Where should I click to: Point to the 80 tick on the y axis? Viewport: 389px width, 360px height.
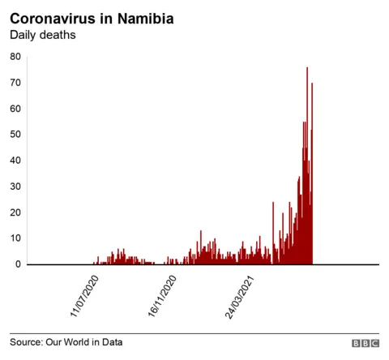(x=15, y=57)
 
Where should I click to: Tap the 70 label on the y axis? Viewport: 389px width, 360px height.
(x=15, y=83)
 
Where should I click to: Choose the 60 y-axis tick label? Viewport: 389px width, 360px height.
(x=15, y=109)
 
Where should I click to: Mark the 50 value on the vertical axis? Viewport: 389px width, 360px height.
(x=15, y=135)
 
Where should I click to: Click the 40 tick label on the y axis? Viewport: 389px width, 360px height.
(x=15, y=161)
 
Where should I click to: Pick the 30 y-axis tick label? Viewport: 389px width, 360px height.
(x=15, y=186)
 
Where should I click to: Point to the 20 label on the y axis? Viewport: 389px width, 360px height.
(x=15, y=212)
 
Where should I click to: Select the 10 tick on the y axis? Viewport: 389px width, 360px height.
(x=15, y=238)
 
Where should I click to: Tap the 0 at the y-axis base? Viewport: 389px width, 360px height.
(x=18, y=264)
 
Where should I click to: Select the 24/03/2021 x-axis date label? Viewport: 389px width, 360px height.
(x=244, y=295)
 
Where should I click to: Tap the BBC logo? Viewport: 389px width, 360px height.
(x=365, y=343)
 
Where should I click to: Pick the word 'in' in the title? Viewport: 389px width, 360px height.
(x=109, y=18)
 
